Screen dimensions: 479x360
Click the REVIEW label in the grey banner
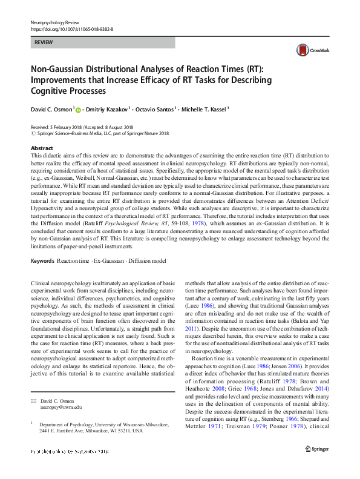[x=44, y=43]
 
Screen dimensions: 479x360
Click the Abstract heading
[x=42, y=148]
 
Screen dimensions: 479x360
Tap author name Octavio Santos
[x=156, y=110]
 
